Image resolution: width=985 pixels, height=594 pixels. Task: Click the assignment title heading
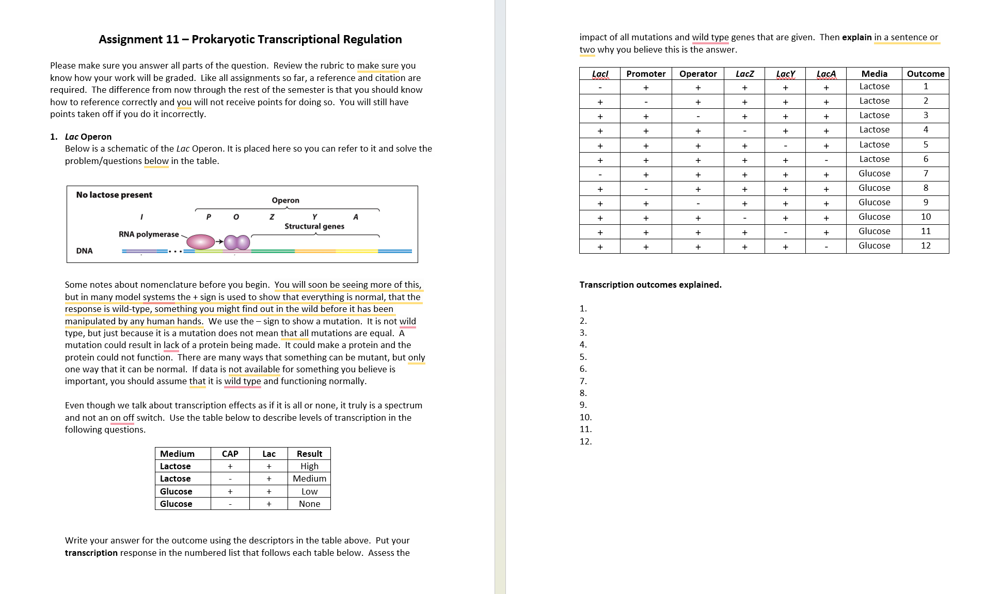pos(250,39)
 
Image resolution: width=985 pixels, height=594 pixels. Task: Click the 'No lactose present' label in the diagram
pos(114,195)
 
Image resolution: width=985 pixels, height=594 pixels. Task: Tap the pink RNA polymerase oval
pos(200,241)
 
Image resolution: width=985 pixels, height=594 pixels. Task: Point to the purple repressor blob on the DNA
pos(237,242)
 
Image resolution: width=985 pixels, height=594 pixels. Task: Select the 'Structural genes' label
pos(314,226)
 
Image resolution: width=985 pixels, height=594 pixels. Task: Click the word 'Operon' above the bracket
pos(285,200)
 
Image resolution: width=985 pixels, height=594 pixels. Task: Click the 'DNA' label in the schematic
pos(84,251)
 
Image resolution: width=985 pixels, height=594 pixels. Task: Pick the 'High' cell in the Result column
pos(309,466)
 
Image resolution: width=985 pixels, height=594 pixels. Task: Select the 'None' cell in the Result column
pos(309,504)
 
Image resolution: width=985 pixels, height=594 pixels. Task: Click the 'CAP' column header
pos(230,454)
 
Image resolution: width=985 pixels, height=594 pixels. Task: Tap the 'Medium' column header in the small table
pos(177,454)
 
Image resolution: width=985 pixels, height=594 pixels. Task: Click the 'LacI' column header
pos(600,74)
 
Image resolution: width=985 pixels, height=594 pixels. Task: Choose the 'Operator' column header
pos(698,74)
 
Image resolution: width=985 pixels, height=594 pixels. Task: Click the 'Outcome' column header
pos(925,74)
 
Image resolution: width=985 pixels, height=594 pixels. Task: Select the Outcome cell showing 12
pos(925,245)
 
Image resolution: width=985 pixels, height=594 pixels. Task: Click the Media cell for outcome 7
pos(874,173)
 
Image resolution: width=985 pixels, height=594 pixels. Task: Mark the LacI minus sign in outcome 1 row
pos(600,88)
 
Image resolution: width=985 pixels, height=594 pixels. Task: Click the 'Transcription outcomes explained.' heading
pos(650,285)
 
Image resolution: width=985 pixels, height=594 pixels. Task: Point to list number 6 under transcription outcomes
pos(583,369)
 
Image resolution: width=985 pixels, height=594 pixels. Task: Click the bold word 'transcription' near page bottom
pos(91,553)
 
